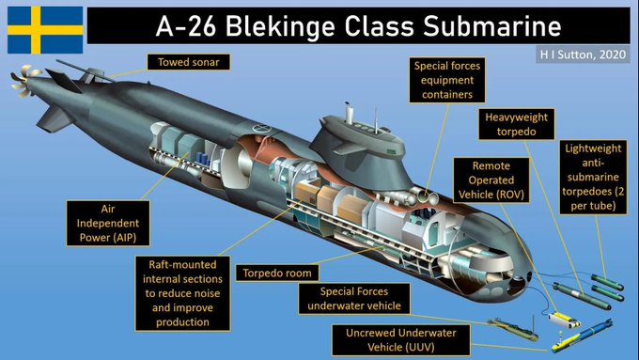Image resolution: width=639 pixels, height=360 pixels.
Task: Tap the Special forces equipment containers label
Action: [445, 80]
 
